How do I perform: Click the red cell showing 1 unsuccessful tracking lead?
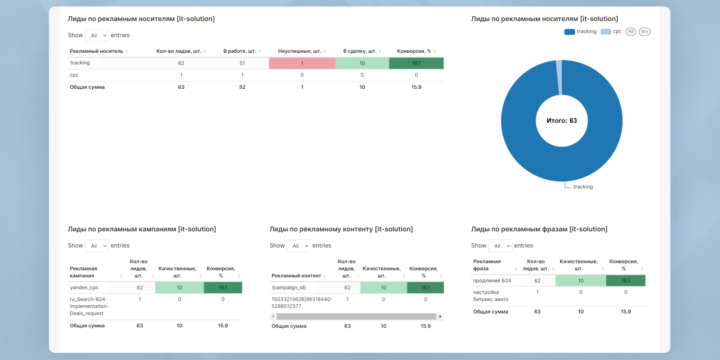coord(302,63)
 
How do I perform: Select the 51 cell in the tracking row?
coord(242,63)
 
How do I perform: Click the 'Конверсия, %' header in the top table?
coord(414,51)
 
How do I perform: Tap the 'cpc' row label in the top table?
coord(74,75)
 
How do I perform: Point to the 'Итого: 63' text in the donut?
coord(562,120)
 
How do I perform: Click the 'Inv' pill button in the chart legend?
coord(644,32)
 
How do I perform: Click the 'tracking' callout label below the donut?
coord(583,187)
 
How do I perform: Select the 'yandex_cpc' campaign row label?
coord(84,288)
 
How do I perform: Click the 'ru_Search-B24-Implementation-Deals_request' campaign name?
coord(89,306)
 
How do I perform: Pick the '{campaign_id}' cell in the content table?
coord(288,288)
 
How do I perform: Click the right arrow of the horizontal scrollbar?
coord(440,316)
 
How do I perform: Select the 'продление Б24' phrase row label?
coord(492,280)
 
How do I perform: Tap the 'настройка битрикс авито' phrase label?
coord(491,296)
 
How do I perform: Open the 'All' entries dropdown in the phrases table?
coord(500,246)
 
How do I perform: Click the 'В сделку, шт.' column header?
coord(360,51)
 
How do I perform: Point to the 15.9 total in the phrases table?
coord(625,312)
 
